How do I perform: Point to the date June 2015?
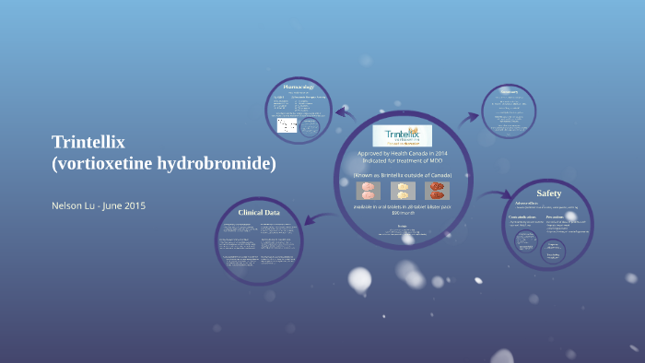coord(129,205)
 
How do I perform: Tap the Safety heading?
coord(548,193)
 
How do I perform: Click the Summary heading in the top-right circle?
coord(510,90)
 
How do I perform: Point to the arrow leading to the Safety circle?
coord(496,195)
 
